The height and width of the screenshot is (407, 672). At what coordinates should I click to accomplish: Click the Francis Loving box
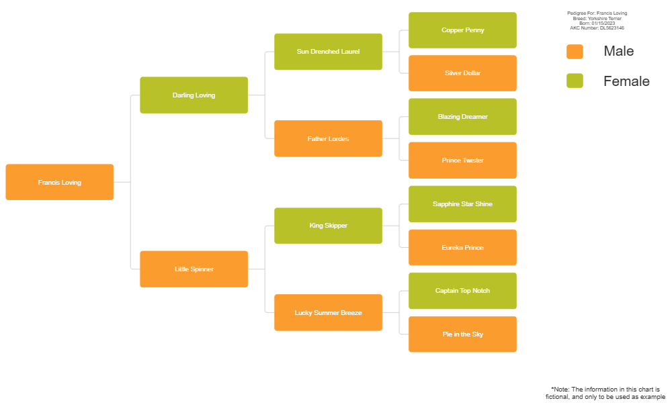(59, 182)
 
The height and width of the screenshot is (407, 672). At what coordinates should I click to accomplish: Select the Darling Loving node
(194, 95)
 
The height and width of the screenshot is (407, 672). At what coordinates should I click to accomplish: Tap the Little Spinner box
(194, 269)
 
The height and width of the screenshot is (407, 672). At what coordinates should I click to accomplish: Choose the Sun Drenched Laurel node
(328, 52)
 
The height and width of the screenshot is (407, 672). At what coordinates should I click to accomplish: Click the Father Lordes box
(328, 139)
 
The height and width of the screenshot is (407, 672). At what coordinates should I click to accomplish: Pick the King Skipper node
(328, 226)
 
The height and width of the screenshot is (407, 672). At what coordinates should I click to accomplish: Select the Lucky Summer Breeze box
(328, 313)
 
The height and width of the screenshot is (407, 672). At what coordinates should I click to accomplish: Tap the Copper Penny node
(462, 30)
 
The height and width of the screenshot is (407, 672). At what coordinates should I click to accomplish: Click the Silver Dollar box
(462, 73)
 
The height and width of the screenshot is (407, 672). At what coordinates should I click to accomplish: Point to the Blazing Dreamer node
(462, 117)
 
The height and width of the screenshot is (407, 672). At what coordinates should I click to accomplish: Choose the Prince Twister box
(462, 161)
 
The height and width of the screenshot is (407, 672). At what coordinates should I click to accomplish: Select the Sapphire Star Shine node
(462, 204)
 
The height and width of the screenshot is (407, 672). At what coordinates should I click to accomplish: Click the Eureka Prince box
(462, 248)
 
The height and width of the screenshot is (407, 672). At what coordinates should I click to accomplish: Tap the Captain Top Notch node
(462, 291)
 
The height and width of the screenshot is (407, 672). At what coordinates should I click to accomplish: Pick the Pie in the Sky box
(462, 334)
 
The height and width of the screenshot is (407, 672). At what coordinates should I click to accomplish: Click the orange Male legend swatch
(575, 52)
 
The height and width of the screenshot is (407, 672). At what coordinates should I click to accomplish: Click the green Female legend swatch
(575, 81)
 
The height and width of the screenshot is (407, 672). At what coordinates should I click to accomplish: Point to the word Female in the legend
(626, 81)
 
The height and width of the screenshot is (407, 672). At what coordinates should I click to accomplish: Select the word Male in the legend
(618, 52)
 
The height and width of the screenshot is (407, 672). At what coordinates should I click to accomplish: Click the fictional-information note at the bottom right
(605, 393)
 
